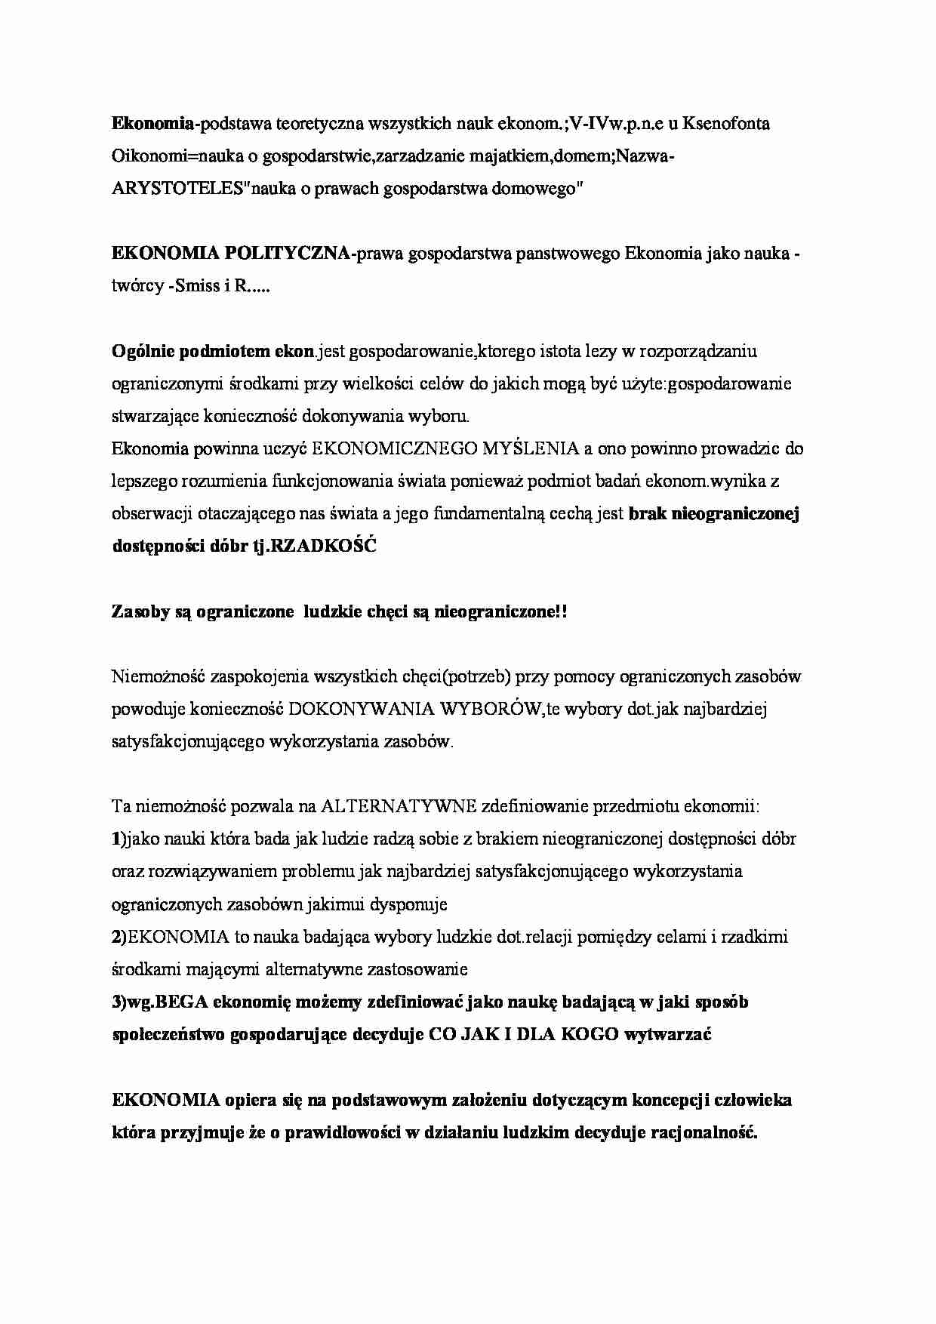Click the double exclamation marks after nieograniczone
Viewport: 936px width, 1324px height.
[560, 612]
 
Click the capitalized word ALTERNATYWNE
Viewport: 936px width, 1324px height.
[398, 807]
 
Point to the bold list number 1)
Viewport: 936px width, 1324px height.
[117, 839]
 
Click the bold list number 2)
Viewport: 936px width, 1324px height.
[118, 937]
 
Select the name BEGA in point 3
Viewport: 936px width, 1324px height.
[183, 1002]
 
